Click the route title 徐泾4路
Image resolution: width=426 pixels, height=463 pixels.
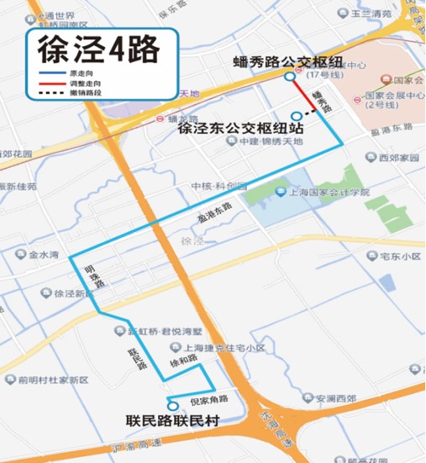point(98,50)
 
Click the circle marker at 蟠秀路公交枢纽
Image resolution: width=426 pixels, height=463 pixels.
point(290,76)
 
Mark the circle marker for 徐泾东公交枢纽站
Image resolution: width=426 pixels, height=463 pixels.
point(295,116)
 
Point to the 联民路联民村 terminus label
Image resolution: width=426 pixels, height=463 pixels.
point(169,421)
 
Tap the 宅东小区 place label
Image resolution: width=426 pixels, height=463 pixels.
point(399,255)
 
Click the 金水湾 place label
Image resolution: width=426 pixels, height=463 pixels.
point(43,254)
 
